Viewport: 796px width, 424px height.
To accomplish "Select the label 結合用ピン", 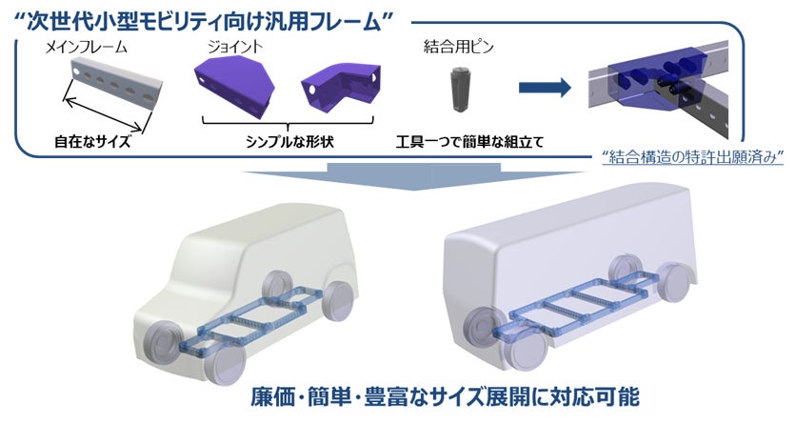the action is click(x=454, y=44).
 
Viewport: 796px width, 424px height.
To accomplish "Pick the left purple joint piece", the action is click(x=233, y=83).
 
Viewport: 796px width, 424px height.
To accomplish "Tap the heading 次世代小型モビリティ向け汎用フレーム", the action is click(x=196, y=16).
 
